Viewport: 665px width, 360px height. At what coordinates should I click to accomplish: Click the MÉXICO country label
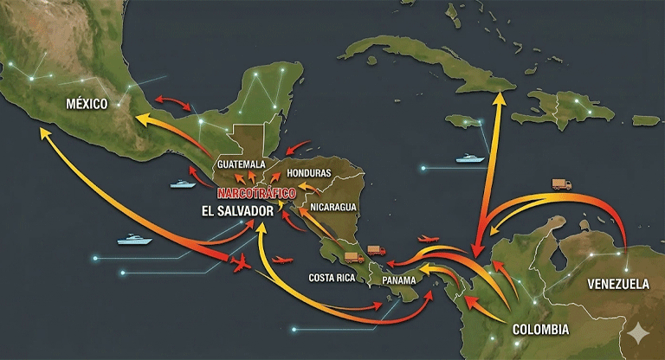coord(87,104)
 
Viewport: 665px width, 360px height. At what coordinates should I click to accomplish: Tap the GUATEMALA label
coord(242,164)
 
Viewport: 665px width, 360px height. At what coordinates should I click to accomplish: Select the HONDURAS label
coord(308,173)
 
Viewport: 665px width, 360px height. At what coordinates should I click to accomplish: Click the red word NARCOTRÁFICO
coord(257,191)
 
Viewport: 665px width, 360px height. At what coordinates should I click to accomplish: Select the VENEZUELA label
coord(618,284)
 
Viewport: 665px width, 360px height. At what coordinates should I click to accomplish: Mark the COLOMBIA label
coord(540,330)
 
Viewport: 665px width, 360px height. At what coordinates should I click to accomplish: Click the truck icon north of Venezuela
coord(562,184)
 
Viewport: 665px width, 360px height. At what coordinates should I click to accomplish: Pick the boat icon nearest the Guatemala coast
coord(183,183)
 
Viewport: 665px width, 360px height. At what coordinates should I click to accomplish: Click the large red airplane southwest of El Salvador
coord(242,262)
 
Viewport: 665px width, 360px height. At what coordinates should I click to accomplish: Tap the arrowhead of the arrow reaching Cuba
coord(500,97)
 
